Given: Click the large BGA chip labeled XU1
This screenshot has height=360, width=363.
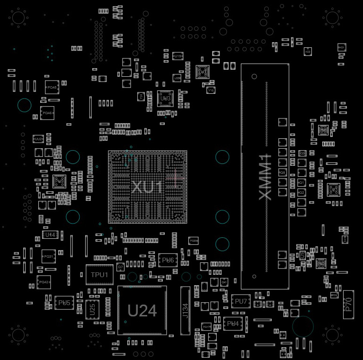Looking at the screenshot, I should [x=147, y=187].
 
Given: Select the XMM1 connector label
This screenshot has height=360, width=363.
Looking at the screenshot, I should [x=265, y=176].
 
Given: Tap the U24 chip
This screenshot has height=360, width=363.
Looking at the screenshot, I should [x=142, y=310].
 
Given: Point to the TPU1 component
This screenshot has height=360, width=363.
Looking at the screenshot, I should [x=99, y=275].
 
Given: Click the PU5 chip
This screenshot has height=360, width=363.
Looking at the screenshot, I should [x=64, y=303].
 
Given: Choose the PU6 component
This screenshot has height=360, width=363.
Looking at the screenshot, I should [x=168, y=260].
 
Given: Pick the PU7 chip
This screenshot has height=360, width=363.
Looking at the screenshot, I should [x=240, y=301].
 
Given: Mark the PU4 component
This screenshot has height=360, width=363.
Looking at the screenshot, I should [x=233, y=324].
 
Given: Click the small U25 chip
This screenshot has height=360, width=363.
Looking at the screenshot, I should [x=92, y=309].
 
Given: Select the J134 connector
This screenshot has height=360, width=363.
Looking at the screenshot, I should [x=185, y=310].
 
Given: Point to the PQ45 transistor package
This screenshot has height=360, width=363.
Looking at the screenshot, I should [x=51, y=88].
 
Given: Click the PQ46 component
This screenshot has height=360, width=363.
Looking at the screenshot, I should [x=47, y=113].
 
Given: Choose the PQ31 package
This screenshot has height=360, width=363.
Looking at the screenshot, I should [x=48, y=256].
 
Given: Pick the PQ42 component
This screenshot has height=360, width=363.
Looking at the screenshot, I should [x=44, y=282].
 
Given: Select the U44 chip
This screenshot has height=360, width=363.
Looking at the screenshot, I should [x=49, y=234].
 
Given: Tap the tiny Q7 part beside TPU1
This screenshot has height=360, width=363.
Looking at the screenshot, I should [x=121, y=267].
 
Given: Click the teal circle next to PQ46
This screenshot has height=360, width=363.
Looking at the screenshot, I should [x=24, y=105].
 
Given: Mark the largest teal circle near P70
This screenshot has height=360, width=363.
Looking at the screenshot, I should [x=303, y=326].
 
